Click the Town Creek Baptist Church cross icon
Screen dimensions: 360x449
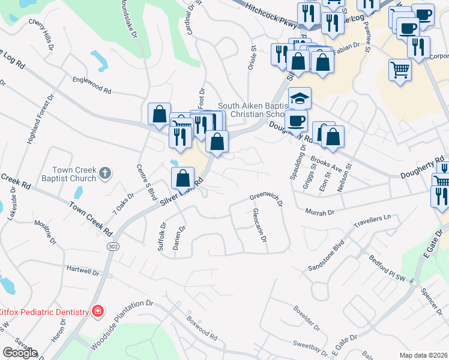click(x=105, y=174)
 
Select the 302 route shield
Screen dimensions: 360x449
click(x=112, y=247)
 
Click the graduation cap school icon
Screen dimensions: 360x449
click(x=300, y=97)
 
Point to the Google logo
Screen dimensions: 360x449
click(x=19, y=353)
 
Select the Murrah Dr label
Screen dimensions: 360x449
click(x=319, y=212)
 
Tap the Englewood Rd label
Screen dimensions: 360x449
click(x=92, y=85)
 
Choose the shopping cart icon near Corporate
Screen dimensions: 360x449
click(x=400, y=69)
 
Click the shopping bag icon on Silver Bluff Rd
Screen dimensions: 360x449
click(x=183, y=178)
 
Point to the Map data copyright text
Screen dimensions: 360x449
click(x=424, y=355)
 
